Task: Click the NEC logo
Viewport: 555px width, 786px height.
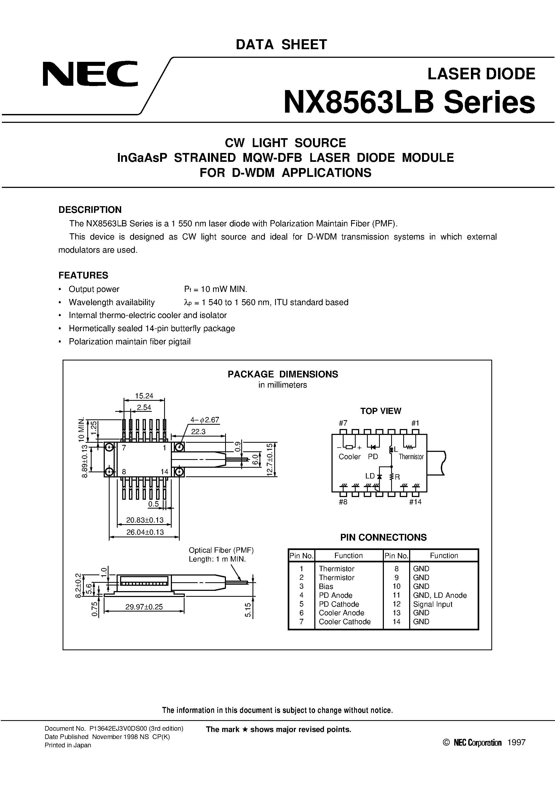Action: [90, 74]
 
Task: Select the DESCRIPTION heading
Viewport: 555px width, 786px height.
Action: [90, 209]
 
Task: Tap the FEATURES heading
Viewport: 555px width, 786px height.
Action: [83, 275]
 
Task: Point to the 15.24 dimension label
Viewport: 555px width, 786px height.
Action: [144, 396]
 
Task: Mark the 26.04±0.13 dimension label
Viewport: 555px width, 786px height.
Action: [145, 532]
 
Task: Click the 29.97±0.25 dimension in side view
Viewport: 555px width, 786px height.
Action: [144, 607]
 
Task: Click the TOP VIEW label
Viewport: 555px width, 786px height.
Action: [380, 411]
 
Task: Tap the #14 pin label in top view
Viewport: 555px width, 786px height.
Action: [415, 502]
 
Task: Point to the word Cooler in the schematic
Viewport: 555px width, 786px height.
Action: [349, 457]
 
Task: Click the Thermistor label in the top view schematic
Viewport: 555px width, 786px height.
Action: [411, 457]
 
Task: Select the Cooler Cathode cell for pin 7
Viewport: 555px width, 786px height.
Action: [345, 622]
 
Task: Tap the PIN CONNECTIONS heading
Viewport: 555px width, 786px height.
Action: [383, 537]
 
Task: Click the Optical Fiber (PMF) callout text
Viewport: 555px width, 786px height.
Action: [221, 550]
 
